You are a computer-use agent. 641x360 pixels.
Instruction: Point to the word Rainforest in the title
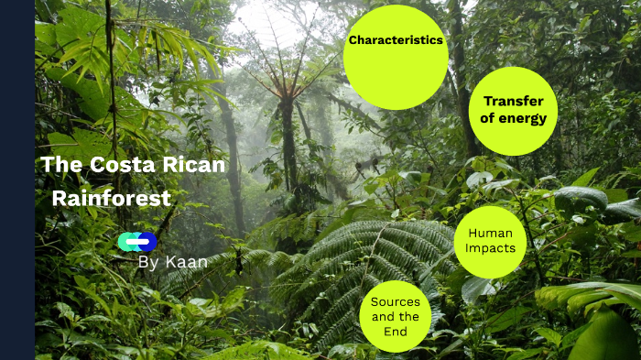[x=111, y=198]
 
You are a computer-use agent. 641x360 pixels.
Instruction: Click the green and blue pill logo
[x=137, y=242]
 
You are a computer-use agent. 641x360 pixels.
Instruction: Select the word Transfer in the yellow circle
[x=514, y=102]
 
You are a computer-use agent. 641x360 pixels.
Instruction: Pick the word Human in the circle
[x=490, y=233]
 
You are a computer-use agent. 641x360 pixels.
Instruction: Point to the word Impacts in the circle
[x=490, y=247]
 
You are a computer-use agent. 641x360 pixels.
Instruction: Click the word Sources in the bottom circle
[x=396, y=301]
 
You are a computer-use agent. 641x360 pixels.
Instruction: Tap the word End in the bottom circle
[x=396, y=332]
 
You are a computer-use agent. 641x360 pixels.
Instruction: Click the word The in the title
[x=61, y=165]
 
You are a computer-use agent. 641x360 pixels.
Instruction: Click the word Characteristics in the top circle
[x=396, y=40]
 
